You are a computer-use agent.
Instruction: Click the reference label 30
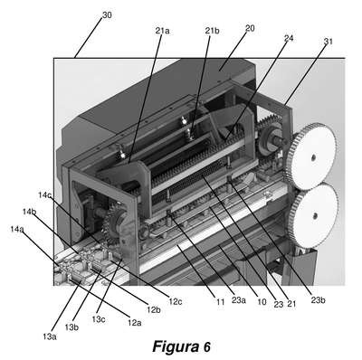(x=107, y=15)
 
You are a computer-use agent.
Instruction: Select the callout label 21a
(x=162, y=31)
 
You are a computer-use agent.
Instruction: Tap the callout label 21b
(x=212, y=31)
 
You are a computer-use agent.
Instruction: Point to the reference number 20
(x=250, y=28)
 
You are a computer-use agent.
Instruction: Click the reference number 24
(x=289, y=38)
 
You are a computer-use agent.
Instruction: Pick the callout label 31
(x=328, y=42)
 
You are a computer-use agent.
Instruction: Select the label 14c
(x=44, y=195)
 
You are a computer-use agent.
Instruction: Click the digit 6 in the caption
(x=206, y=346)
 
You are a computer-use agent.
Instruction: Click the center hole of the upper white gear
(x=314, y=156)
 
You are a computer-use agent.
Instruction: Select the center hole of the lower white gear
(x=315, y=215)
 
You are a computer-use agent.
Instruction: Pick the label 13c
(x=99, y=319)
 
